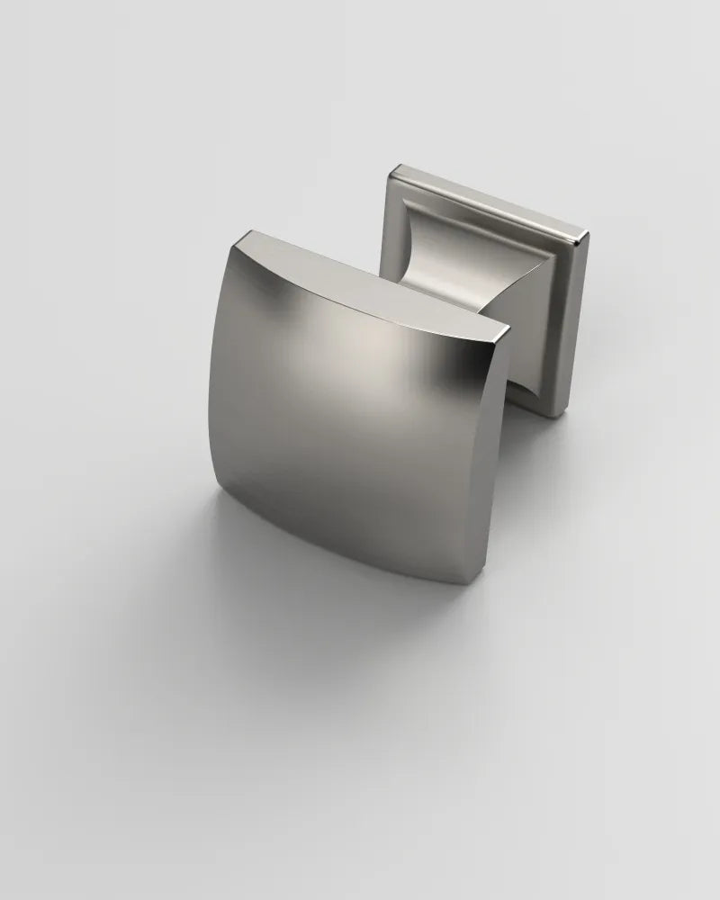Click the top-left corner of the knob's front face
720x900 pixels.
pos(241,236)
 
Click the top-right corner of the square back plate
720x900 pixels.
pos(588,236)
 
